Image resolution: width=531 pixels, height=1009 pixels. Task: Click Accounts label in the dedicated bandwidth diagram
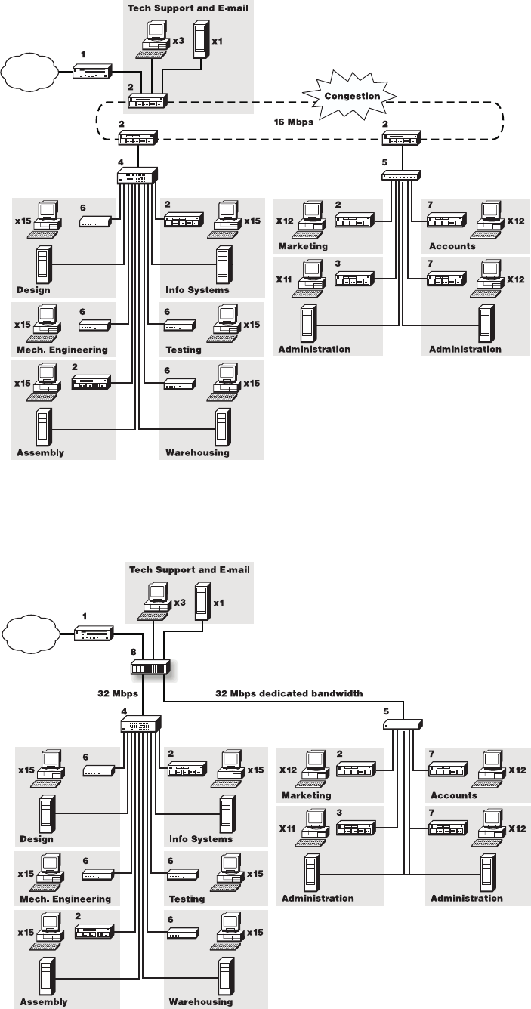pos(453,795)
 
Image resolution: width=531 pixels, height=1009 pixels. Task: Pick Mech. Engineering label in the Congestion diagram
pos(61,350)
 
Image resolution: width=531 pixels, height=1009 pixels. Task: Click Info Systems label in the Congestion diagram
pos(197,289)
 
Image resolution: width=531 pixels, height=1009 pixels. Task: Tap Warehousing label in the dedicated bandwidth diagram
pos(199,1002)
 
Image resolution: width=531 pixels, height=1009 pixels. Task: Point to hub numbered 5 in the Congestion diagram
pos(401,175)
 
